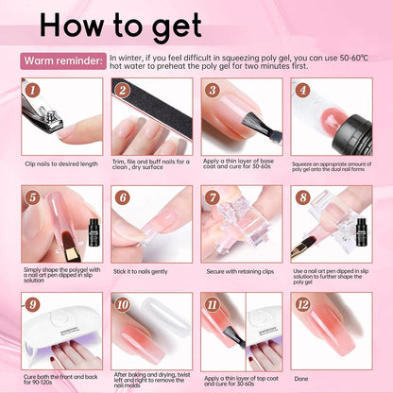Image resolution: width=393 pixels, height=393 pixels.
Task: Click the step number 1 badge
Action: (33, 91)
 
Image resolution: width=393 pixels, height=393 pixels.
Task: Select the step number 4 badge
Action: (302, 91)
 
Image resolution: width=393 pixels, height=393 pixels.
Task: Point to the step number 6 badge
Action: (122, 198)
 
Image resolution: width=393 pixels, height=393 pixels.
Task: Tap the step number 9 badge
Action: (33, 305)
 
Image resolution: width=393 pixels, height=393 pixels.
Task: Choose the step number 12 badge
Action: (302, 305)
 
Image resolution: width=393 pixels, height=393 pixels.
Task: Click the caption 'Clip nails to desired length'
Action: (62, 164)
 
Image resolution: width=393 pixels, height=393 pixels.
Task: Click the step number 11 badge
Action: (213, 305)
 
